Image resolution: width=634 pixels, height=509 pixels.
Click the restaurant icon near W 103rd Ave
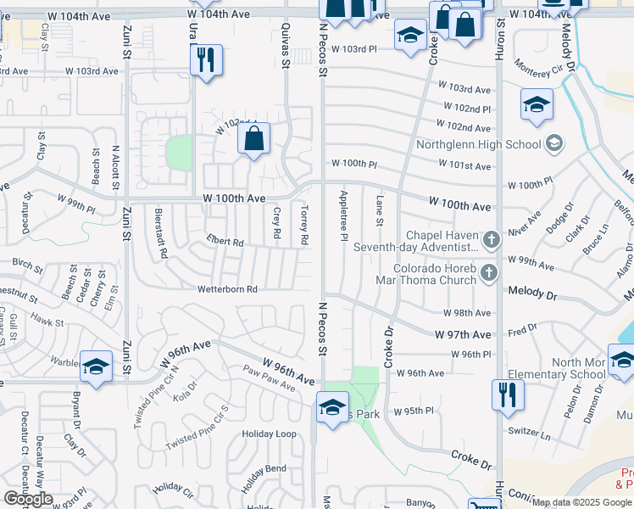point(206,60)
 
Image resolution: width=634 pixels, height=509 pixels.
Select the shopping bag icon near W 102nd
point(254,139)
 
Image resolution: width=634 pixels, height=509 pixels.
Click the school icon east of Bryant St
point(97,367)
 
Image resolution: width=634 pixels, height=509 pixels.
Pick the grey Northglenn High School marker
point(555,143)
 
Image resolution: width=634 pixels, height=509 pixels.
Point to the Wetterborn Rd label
point(227,289)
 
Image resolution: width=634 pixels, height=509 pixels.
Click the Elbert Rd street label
point(225,243)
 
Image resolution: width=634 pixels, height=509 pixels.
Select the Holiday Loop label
point(269,434)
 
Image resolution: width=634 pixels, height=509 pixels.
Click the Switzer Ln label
point(530,431)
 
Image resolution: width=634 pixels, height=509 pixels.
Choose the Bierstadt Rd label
point(162,232)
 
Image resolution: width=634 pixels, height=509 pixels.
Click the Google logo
point(28,499)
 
